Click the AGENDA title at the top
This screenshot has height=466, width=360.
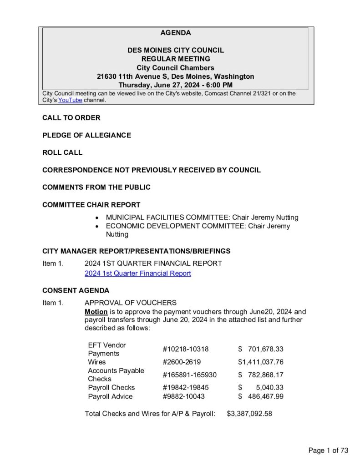(176, 33)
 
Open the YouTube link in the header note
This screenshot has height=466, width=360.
(70, 100)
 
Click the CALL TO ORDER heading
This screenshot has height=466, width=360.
(71, 118)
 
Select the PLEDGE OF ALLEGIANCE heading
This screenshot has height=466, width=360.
(86, 135)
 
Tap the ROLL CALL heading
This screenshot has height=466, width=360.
(62, 152)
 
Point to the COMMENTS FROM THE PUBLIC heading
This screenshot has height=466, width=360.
(96, 187)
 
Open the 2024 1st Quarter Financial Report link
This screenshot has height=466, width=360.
(137, 273)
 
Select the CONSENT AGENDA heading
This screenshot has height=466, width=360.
(76, 290)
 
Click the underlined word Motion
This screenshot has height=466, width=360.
(96, 312)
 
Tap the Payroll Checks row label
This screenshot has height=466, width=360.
(111, 387)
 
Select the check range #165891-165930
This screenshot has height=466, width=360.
(189, 375)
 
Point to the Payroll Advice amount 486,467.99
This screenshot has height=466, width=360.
(266, 396)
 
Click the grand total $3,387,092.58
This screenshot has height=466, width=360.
(249, 414)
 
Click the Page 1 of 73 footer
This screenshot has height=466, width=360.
(328, 451)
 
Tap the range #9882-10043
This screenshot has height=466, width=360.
(183, 396)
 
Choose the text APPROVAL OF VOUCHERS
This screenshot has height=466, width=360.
(130, 303)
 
